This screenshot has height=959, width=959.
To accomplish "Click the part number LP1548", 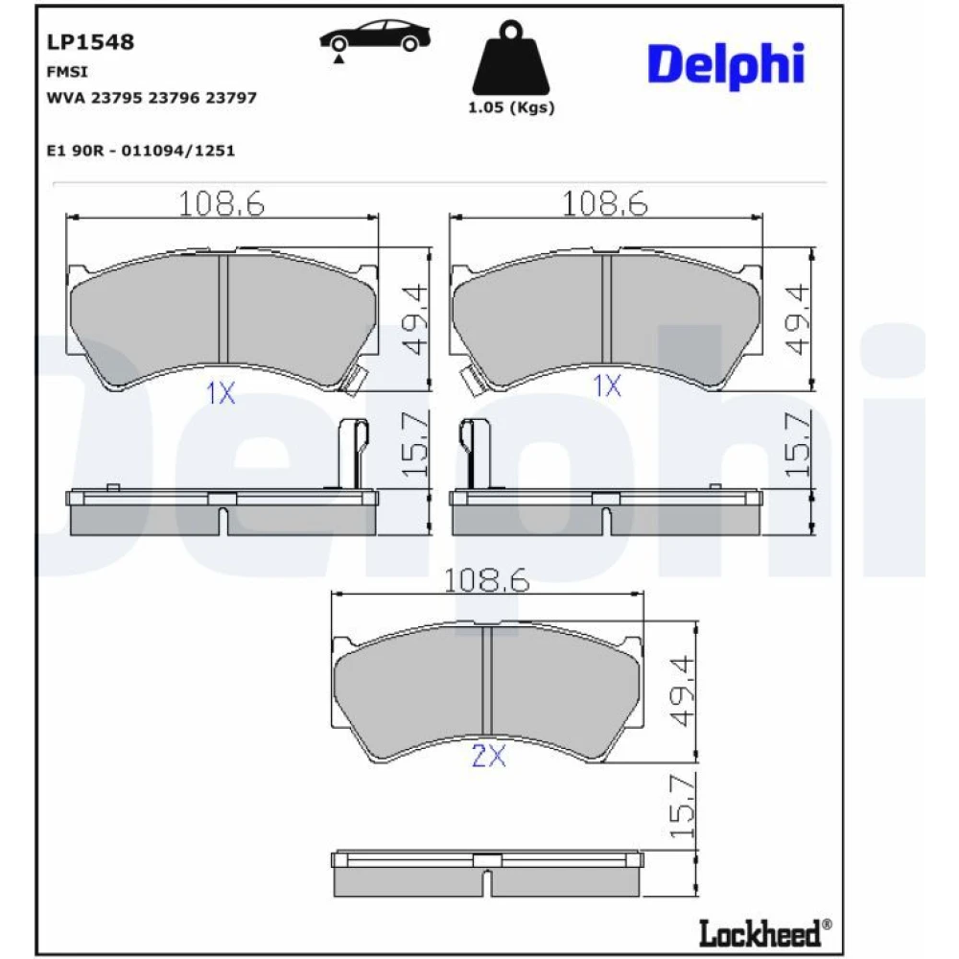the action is click(90, 42).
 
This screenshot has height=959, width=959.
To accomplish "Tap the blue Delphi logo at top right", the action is click(726, 65).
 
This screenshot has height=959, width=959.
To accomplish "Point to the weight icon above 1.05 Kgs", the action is click(511, 58).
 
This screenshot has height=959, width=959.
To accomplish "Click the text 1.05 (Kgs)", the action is click(511, 107).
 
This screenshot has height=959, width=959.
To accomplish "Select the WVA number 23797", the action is click(231, 98).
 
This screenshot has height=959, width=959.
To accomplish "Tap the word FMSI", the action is click(67, 72).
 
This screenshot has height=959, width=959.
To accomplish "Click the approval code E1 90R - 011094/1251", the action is click(141, 151).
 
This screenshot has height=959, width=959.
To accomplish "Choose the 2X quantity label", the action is click(489, 756).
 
